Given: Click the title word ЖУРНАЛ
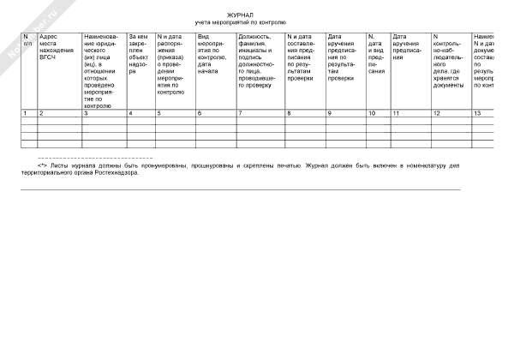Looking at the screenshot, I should [x=240, y=15].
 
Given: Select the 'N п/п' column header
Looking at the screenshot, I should [x=27, y=40].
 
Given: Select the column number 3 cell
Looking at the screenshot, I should [x=85, y=113].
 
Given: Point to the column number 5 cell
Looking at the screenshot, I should [x=158, y=113].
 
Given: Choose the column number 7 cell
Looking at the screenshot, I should [x=241, y=113].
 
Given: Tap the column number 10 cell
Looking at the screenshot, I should [x=371, y=113].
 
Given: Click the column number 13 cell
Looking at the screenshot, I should [x=477, y=113].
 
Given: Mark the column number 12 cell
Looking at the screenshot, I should [x=437, y=113].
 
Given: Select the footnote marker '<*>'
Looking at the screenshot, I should [x=42, y=167].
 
